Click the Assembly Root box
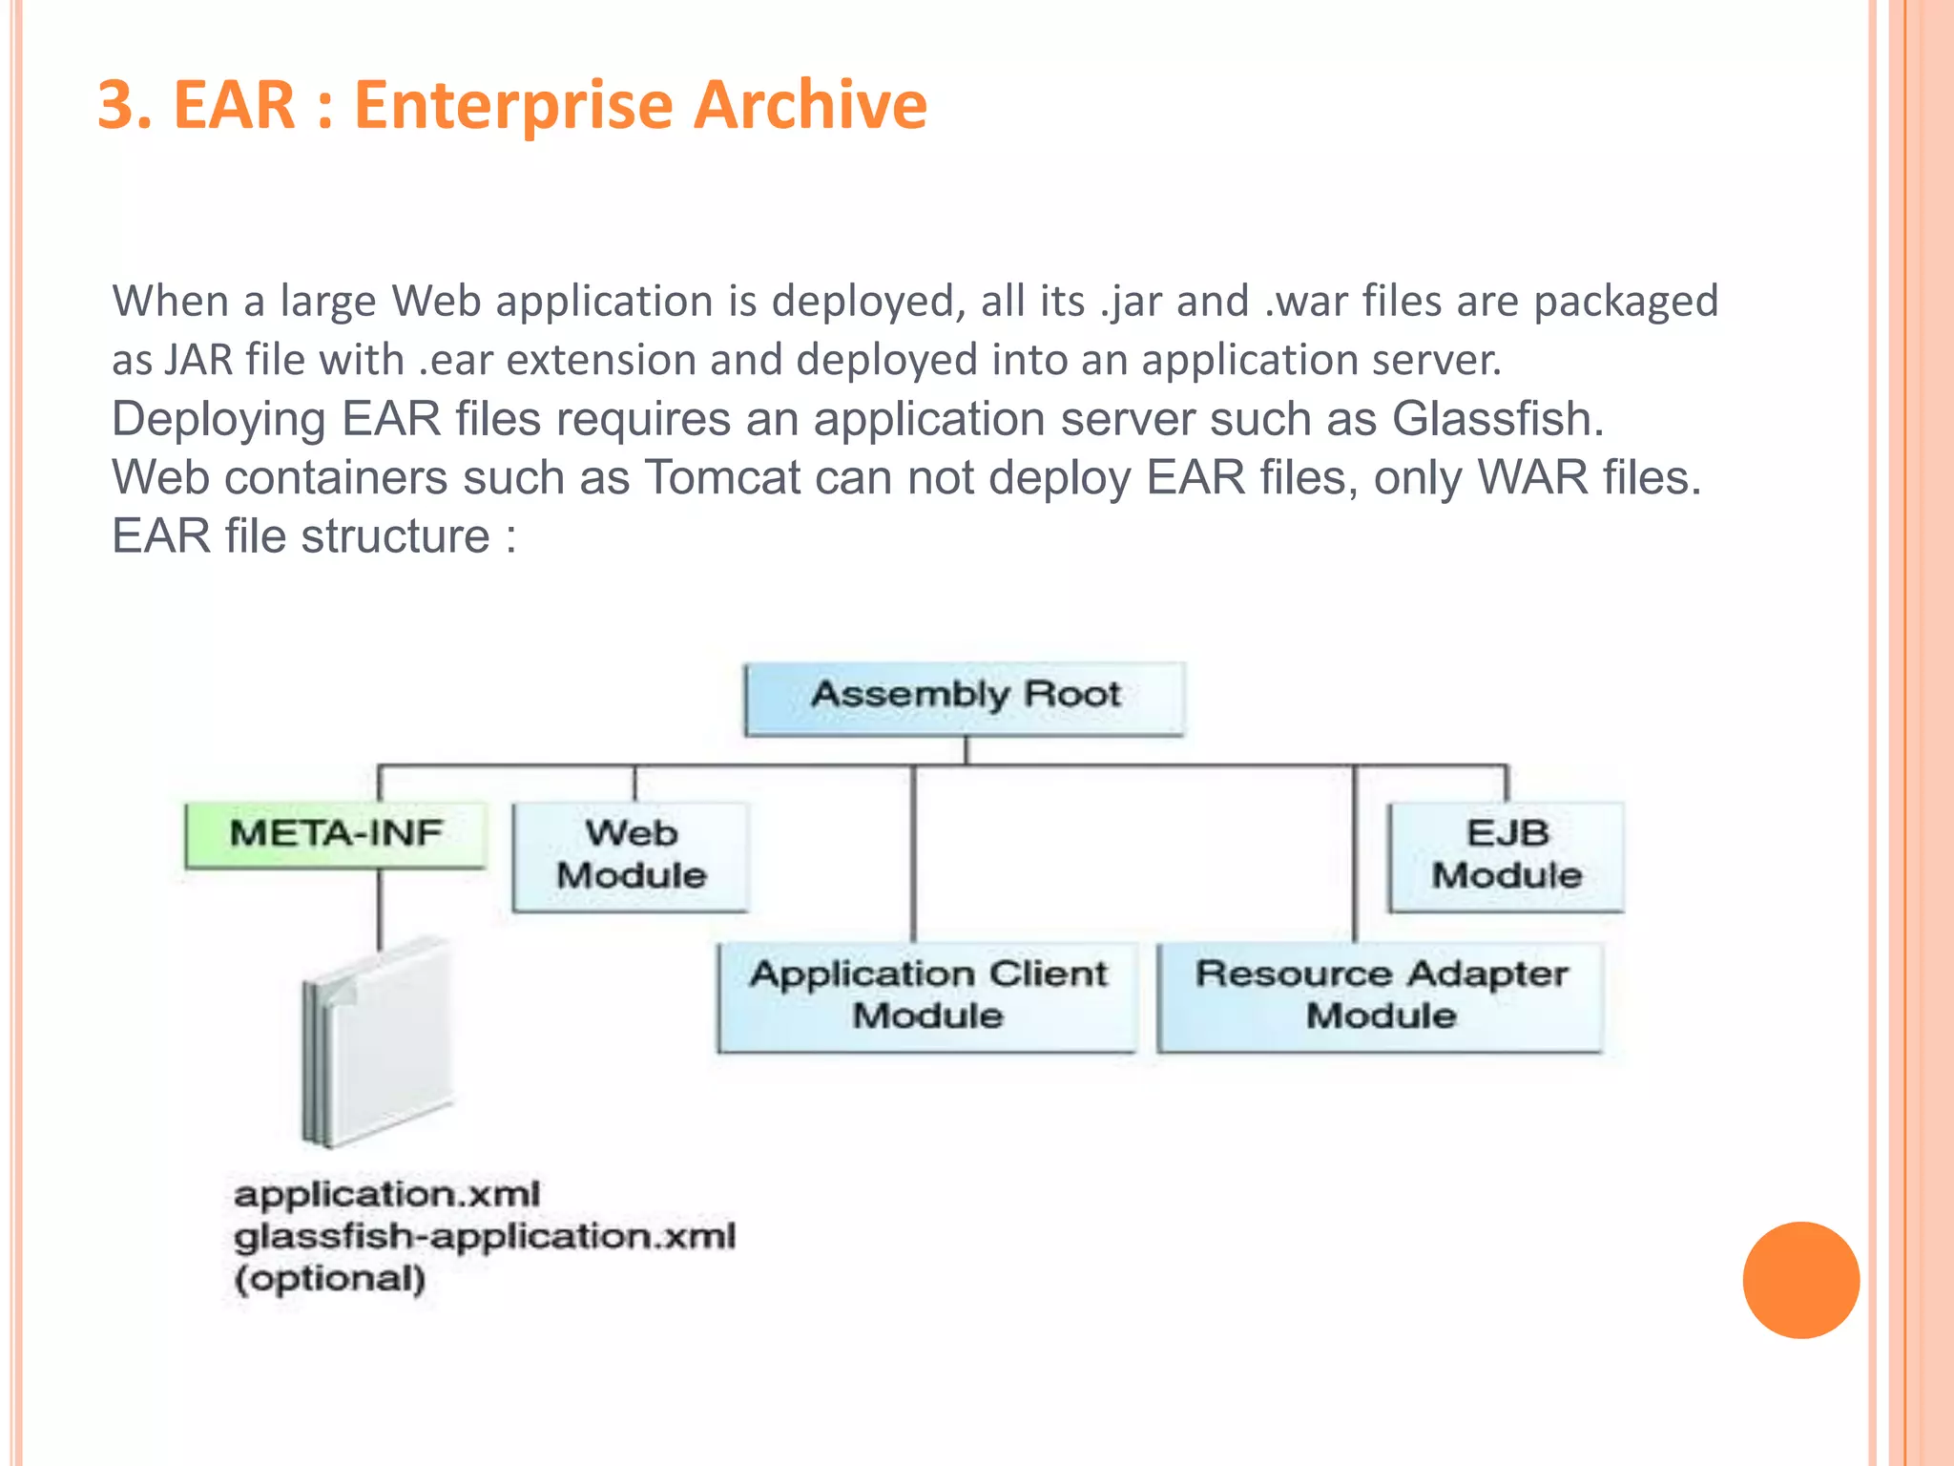click(965, 698)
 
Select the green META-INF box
click(336, 834)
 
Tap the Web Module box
click(631, 856)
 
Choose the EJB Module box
click(1507, 856)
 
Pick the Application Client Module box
click(927, 996)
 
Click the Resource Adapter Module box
click(1381, 996)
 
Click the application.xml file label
click(387, 1194)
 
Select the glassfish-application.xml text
click(485, 1237)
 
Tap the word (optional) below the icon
click(330, 1279)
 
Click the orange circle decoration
click(1800, 1280)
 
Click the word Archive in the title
click(810, 104)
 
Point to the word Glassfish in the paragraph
click(1497, 419)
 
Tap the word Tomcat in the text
click(722, 477)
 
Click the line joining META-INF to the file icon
click(380, 907)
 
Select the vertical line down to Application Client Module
click(913, 854)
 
